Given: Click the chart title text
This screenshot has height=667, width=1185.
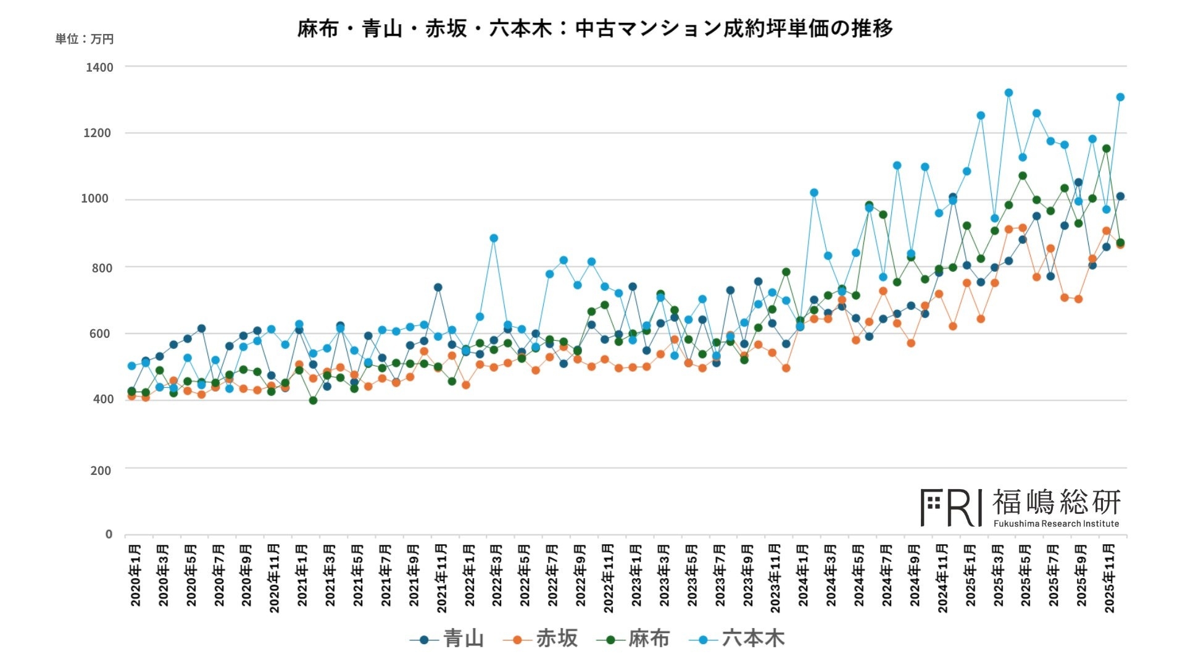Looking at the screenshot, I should [595, 28].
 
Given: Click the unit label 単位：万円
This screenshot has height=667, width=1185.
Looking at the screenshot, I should [85, 39].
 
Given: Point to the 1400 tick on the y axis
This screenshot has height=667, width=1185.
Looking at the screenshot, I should [99, 67].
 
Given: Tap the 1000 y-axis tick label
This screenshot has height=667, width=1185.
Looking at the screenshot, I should [94, 199].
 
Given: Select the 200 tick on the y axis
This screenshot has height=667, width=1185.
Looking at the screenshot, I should [101, 471].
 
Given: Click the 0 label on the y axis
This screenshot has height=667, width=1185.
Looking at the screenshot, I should [109, 534].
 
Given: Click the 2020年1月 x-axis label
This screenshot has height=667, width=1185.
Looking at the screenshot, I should [135, 575].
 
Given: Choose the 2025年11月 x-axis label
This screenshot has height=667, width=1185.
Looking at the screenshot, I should [1109, 578].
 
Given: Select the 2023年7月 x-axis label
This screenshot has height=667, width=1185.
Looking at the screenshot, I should [720, 575].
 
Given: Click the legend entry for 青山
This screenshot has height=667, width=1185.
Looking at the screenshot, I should [447, 639].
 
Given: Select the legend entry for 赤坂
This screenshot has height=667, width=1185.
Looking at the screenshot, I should [541, 639].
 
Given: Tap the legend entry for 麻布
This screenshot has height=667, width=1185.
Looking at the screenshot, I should [633, 639].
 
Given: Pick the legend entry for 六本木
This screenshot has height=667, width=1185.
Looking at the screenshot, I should [737, 639].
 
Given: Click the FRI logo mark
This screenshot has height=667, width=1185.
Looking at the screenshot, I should [951, 508].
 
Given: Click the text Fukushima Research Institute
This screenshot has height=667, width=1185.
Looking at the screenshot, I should [1056, 524].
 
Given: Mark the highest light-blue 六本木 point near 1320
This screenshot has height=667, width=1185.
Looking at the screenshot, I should [1008, 93].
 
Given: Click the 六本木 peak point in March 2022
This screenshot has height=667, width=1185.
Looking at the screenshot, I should [493, 238].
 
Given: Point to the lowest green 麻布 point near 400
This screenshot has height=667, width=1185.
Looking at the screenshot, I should [313, 401].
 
